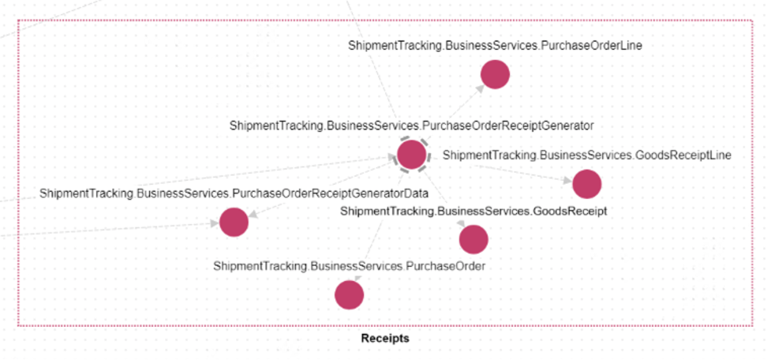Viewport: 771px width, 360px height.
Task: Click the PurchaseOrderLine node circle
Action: coord(496,74)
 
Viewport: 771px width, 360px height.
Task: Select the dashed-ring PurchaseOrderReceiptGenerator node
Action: coord(412,154)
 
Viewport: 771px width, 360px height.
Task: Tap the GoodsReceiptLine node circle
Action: coord(587,184)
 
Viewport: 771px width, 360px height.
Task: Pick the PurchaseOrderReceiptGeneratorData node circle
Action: coord(234,222)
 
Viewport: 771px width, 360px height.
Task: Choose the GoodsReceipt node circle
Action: coord(473,238)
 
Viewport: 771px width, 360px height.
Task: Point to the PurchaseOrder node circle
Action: coord(349,294)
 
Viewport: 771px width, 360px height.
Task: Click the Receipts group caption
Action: coord(385,339)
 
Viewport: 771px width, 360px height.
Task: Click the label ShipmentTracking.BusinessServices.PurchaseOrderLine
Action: coord(495,46)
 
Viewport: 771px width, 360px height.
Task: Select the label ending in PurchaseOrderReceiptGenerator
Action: coord(411,125)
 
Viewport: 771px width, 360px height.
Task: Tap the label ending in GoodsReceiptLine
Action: coord(586,156)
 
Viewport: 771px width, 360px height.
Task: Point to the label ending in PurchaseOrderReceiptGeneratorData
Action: coord(234,193)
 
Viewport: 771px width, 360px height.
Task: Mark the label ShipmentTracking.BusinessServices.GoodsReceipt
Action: coord(473,211)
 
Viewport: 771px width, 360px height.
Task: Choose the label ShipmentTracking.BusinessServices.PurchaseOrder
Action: coord(349,266)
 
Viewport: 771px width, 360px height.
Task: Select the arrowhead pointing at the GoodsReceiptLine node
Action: coord(568,180)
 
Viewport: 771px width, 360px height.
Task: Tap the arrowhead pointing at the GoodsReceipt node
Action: coord(461,224)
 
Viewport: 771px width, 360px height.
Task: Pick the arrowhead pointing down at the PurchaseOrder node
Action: coord(357,277)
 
